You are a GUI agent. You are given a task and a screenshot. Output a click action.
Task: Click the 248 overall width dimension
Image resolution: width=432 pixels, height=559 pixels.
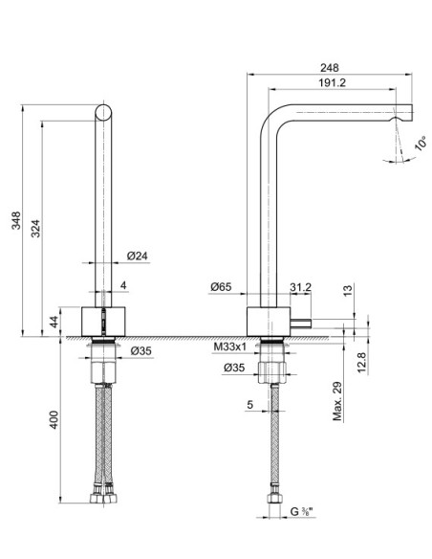(331, 68)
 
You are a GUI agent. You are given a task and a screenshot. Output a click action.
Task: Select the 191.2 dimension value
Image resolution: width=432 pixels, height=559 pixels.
(331, 83)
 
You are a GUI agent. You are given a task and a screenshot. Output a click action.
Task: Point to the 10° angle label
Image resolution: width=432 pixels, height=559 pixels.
(421, 144)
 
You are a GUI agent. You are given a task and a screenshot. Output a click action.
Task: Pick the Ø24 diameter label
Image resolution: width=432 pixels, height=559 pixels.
(137, 257)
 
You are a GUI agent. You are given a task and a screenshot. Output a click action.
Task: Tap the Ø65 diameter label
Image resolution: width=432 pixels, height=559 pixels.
(221, 286)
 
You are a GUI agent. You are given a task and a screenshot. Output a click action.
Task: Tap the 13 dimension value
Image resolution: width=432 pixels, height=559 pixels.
(347, 289)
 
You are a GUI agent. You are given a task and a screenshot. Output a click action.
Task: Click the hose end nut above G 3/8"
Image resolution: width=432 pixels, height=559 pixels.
(275, 499)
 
